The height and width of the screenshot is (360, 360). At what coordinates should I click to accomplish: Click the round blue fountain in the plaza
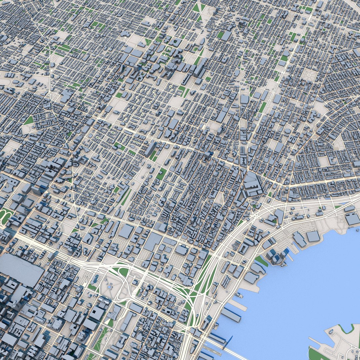pos(109,286)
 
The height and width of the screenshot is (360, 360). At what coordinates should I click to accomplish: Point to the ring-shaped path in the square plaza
pos(309,75)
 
